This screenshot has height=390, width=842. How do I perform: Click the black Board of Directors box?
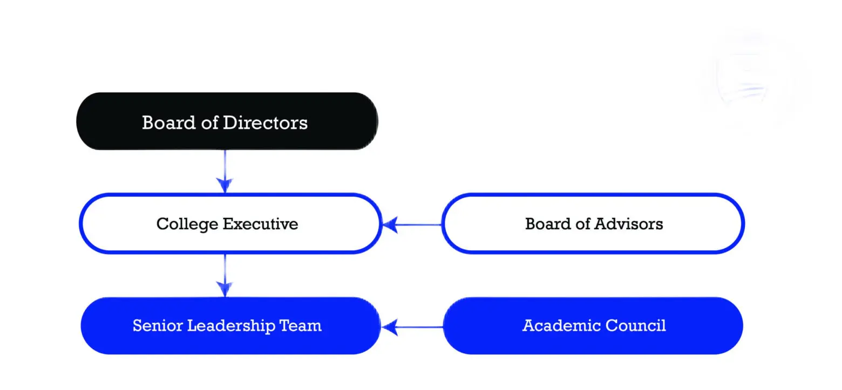pyautogui.click(x=227, y=121)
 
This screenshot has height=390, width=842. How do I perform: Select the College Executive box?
pyautogui.click(x=230, y=223)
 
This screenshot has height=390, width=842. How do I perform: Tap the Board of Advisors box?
pyautogui.click(x=593, y=223)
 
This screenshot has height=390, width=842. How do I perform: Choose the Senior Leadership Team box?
pyautogui.click(x=230, y=325)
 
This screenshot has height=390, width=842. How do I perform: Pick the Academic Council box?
pyautogui.click(x=593, y=325)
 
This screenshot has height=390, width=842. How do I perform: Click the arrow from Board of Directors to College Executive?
pyautogui.click(x=225, y=172)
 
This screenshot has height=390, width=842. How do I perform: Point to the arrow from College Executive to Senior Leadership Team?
pyautogui.click(x=225, y=276)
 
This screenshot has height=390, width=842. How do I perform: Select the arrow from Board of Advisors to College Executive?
pyautogui.click(x=412, y=225)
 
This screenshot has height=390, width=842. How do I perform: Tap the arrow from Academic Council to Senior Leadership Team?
pyautogui.click(x=412, y=327)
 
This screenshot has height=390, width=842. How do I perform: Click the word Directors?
pyautogui.click(x=265, y=123)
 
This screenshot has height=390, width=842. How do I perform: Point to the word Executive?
pyautogui.click(x=260, y=224)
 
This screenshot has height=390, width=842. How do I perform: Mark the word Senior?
pyautogui.click(x=157, y=325)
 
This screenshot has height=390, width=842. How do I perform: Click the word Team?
pyautogui.click(x=300, y=325)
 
